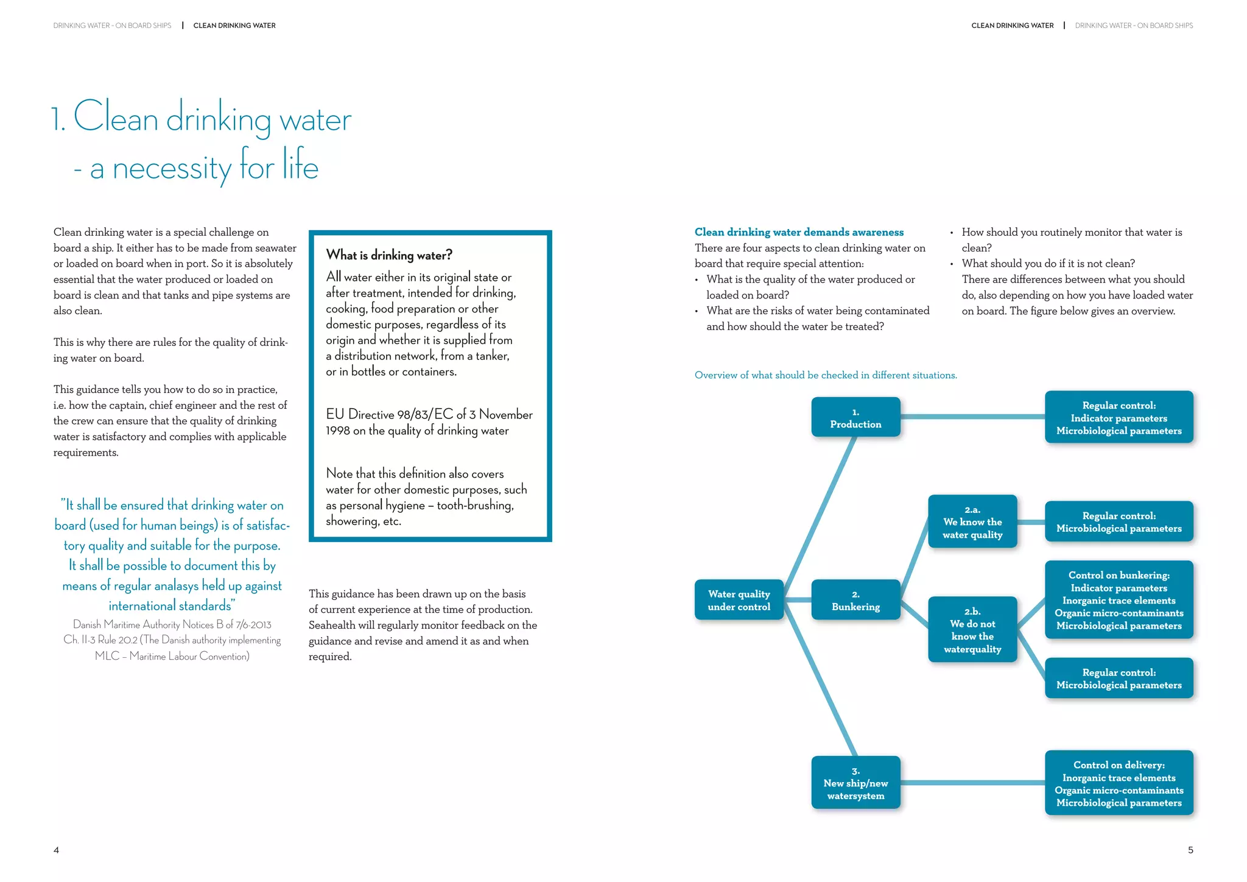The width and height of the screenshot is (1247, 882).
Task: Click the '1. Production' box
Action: tap(855, 417)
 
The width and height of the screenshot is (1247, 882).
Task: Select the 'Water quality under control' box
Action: tap(739, 600)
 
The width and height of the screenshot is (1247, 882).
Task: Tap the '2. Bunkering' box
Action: tap(855, 600)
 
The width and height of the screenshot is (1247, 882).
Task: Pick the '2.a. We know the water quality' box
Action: tap(972, 522)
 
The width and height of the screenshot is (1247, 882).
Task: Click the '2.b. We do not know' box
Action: tap(972, 630)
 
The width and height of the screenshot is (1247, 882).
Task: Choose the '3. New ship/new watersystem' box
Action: tap(855, 783)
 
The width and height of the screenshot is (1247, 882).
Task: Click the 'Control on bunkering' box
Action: tap(1119, 600)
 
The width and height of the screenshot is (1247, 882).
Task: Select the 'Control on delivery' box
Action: tap(1119, 783)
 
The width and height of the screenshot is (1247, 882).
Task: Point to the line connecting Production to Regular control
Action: tap(972, 417)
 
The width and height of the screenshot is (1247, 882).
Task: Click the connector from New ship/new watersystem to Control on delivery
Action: tap(972, 783)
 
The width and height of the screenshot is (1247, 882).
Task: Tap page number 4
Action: tap(56, 850)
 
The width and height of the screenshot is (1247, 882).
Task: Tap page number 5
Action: tap(1190, 850)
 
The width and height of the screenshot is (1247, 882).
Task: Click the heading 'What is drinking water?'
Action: tap(389, 255)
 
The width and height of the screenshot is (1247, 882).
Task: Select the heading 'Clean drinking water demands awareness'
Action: tap(799, 232)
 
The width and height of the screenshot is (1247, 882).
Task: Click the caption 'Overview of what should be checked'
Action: tap(826, 375)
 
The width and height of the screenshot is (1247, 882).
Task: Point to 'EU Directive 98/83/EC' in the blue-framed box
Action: tap(389, 415)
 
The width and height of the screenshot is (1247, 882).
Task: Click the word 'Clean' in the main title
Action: tap(116, 117)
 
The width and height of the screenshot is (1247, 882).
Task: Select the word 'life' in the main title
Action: tap(300, 166)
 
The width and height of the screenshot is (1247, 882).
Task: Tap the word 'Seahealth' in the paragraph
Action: tap(334, 626)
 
